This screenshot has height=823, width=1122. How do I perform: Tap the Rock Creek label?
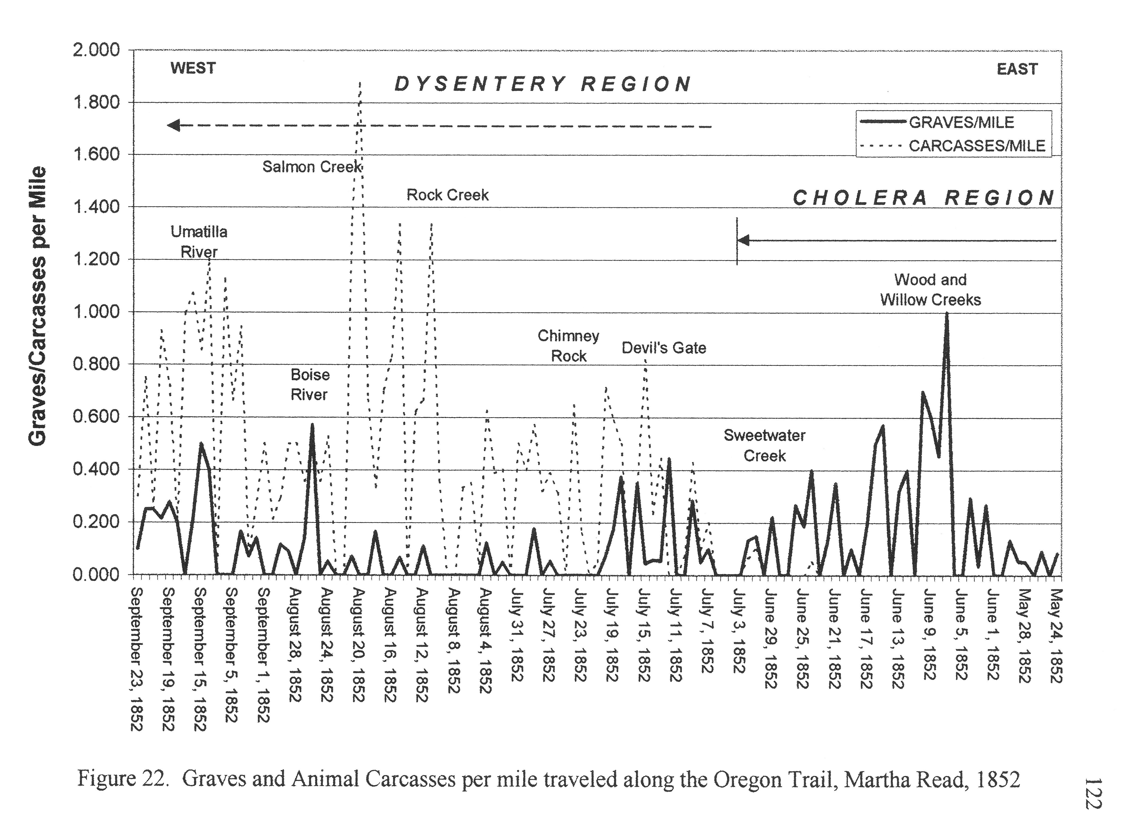click(447, 195)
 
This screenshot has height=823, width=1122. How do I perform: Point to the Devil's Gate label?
click(664, 348)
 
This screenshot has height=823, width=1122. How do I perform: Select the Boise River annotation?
click(310, 385)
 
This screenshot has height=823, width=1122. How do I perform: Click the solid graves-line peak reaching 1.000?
click(946, 314)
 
